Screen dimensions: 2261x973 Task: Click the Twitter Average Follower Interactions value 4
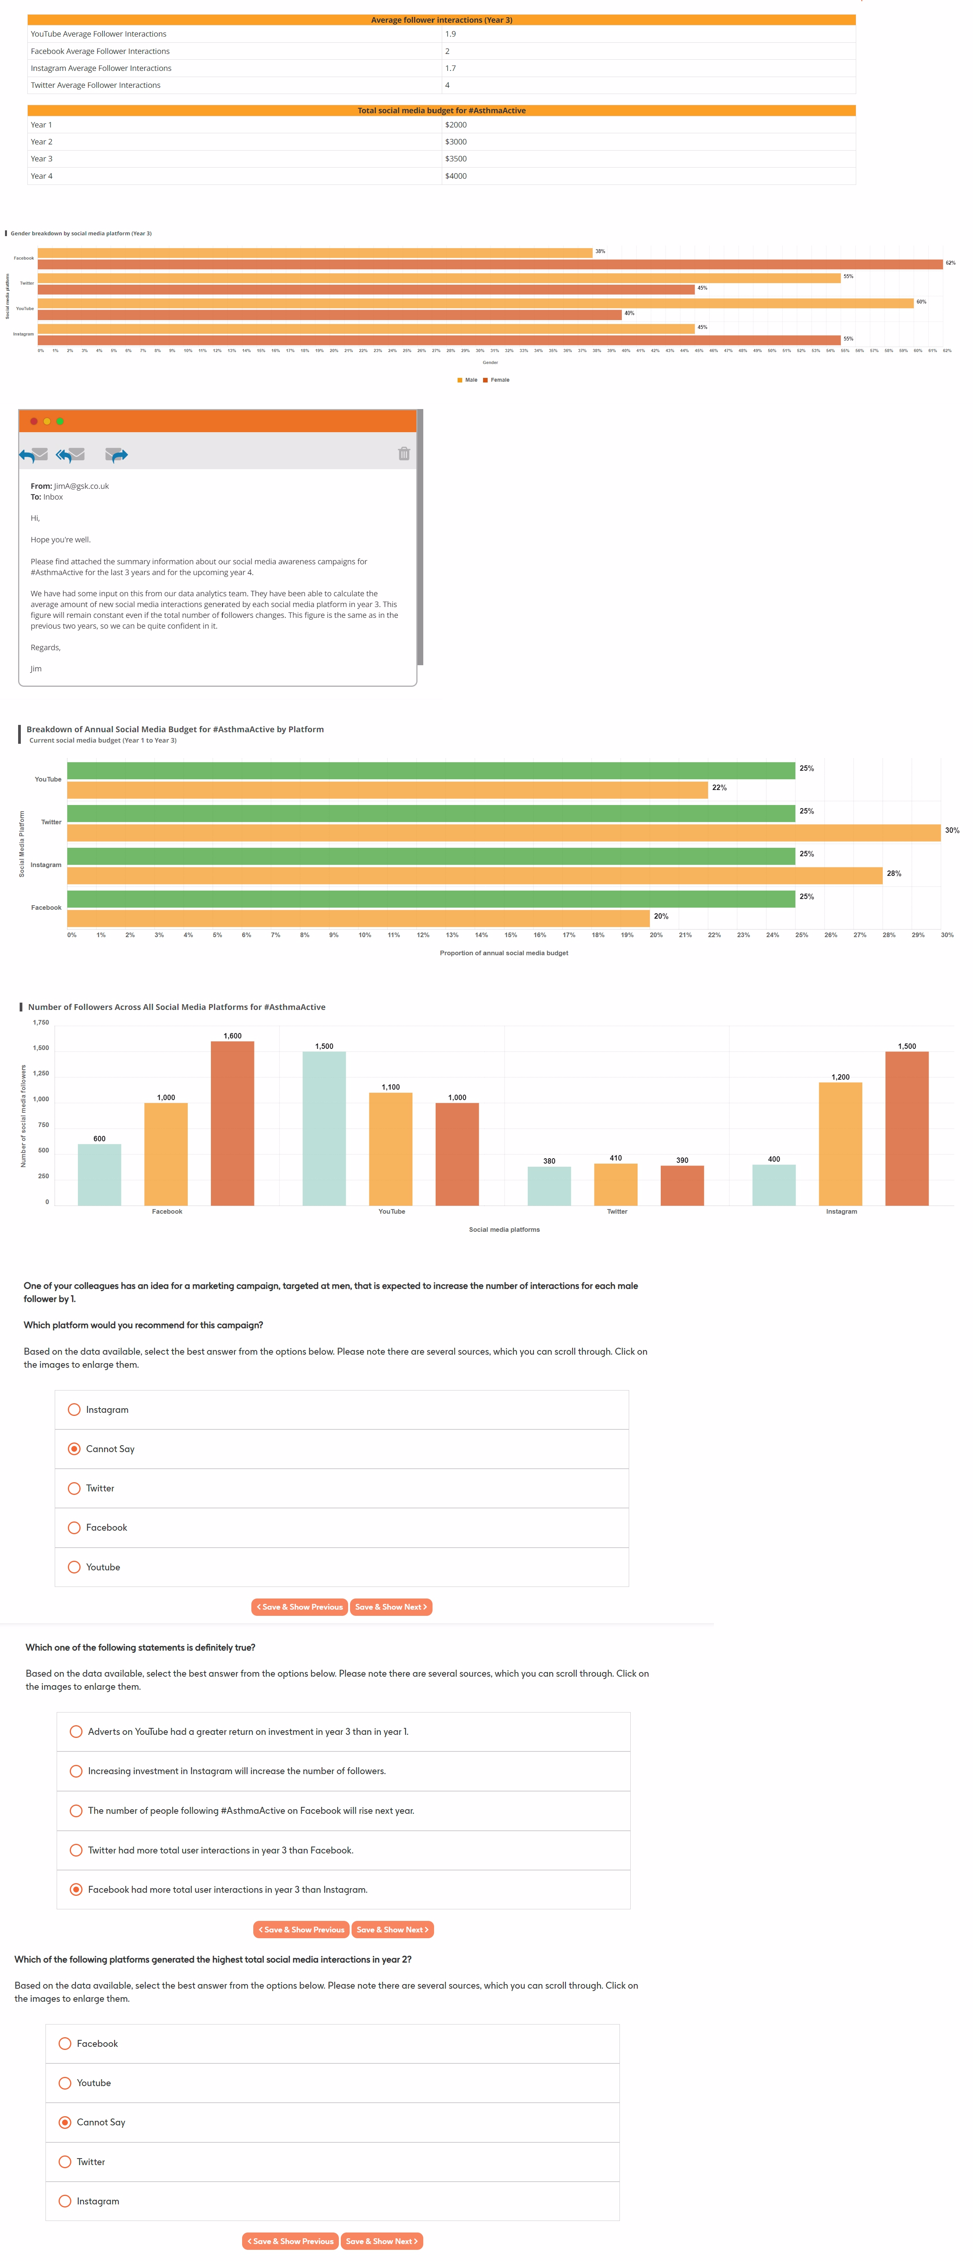[x=448, y=85]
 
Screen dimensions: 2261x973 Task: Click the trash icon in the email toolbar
[x=404, y=454]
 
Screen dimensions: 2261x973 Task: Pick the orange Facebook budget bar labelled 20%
[x=358, y=918]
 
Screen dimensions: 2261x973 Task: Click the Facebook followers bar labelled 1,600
[x=233, y=1124]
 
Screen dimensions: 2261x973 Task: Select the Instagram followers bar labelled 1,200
[x=840, y=1144]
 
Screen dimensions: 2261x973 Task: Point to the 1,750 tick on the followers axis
[x=40, y=1023]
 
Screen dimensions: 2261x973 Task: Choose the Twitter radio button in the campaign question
[x=75, y=1489]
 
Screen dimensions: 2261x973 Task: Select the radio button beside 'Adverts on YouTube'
[x=76, y=1732]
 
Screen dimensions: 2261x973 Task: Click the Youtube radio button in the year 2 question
[x=65, y=2083]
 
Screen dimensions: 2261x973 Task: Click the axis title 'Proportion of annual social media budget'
[x=504, y=953]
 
